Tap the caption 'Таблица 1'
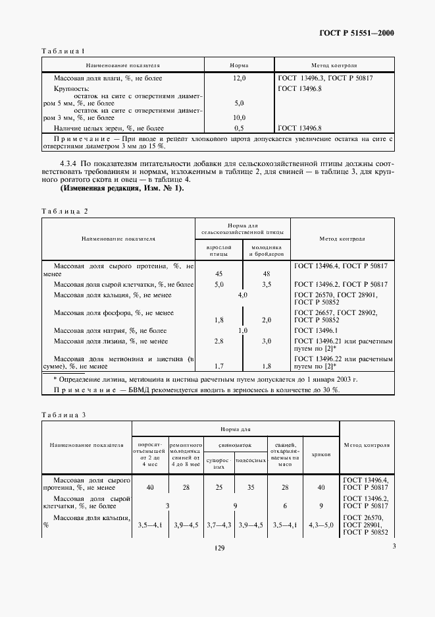pos(63,51)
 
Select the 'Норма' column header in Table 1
pos(239,66)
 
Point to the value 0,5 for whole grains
pos(239,128)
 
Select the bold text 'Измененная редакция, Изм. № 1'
pos(122,189)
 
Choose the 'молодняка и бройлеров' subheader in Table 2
pos(267,249)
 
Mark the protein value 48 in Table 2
pos(267,274)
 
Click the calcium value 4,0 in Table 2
pos(242,295)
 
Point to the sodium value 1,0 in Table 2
pos(242,330)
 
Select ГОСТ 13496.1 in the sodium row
pos(315,330)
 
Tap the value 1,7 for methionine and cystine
pos(219,365)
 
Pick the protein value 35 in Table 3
pos(250,487)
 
